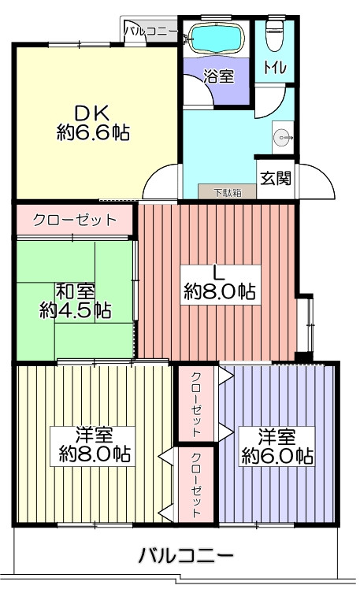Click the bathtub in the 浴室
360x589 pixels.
pos(216,39)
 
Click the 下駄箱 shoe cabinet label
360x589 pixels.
pos(228,193)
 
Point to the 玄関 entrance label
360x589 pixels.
pos(276,179)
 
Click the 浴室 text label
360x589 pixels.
pos(219,76)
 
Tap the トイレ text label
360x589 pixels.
pos(275,68)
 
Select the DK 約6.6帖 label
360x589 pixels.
pos(93,122)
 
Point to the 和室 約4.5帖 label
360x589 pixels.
pos(75,301)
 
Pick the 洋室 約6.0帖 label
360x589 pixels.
pos(277,446)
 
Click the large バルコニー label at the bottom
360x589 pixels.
pos(187,555)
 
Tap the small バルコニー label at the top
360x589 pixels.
pos(151,31)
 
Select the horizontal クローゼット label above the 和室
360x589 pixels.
pos(75,220)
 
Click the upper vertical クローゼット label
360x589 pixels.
pos(196,405)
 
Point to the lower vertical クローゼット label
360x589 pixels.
pos(196,485)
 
